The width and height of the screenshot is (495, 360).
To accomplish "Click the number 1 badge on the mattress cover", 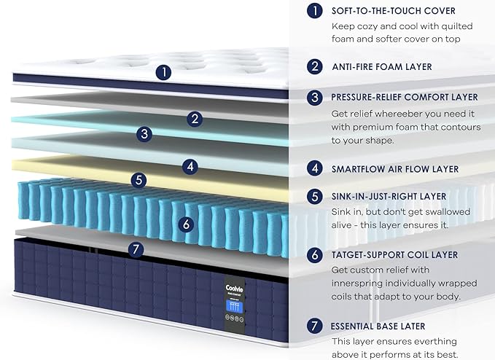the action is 163,72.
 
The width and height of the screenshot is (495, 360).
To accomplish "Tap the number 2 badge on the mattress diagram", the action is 195,119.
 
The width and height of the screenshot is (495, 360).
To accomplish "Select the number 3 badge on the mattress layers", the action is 144,133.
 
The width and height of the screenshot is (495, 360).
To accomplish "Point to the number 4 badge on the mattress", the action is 190,166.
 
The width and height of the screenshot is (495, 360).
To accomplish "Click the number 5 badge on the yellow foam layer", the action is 139,180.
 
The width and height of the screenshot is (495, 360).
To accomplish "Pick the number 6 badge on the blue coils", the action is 186,224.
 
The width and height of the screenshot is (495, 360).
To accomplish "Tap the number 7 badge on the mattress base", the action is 136,249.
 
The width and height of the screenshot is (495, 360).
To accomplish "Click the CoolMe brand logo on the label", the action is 234,288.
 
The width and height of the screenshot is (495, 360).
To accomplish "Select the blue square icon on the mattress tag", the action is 235,307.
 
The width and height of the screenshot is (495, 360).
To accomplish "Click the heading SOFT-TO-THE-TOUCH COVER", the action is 394,11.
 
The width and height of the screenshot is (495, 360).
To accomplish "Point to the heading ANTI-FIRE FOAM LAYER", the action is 382,67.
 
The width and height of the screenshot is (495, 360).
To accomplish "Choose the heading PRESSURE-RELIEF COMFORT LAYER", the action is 405,97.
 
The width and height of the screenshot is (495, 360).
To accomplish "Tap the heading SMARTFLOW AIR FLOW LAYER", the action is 395,169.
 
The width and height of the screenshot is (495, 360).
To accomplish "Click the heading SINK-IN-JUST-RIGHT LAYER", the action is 389,196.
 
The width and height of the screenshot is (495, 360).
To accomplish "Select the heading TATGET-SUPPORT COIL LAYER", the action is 394,255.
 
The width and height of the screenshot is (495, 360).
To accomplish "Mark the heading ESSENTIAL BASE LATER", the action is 378,326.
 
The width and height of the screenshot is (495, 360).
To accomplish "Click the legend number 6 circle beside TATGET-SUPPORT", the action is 315,254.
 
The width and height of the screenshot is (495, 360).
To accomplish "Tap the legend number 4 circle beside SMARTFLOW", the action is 315,168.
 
